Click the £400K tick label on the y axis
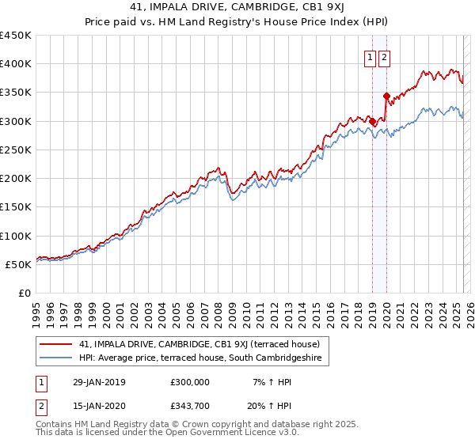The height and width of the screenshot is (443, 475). click(x=16, y=64)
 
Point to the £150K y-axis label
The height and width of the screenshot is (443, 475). click(x=16, y=206)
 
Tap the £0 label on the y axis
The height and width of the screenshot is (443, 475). click(x=24, y=293)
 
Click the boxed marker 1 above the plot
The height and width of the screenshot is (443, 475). click(x=370, y=57)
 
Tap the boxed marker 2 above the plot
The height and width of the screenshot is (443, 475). click(x=384, y=57)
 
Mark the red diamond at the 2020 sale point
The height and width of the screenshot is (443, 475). click(x=386, y=97)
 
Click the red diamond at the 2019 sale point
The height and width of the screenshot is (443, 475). click(x=373, y=122)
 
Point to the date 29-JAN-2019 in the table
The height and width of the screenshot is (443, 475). click(x=98, y=382)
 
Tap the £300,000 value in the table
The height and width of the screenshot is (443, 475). click(x=189, y=382)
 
